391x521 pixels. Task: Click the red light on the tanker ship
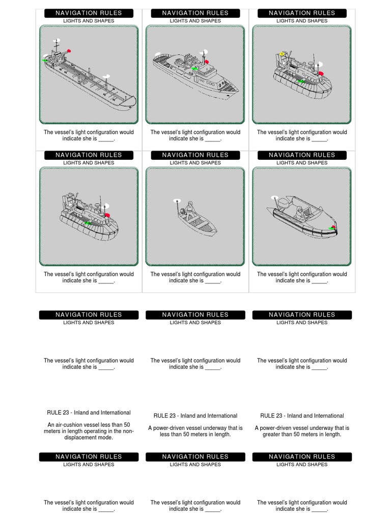(x=69, y=51)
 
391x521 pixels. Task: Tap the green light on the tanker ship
(x=45, y=60)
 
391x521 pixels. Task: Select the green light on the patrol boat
(x=194, y=69)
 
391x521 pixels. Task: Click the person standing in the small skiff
(x=190, y=209)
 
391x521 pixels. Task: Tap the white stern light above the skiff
(x=177, y=200)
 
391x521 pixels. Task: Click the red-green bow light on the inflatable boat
(x=333, y=227)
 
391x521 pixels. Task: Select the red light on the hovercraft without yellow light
(x=107, y=216)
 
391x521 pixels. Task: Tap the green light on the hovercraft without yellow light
(x=88, y=223)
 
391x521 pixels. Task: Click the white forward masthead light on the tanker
(x=106, y=76)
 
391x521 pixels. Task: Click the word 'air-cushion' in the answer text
(x=73, y=425)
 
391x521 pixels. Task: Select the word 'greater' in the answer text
(x=273, y=435)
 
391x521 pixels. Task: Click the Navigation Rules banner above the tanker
(x=89, y=13)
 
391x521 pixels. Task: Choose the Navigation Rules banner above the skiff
(x=195, y=155)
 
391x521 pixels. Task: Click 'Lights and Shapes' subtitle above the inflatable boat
(x=302, y=163)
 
